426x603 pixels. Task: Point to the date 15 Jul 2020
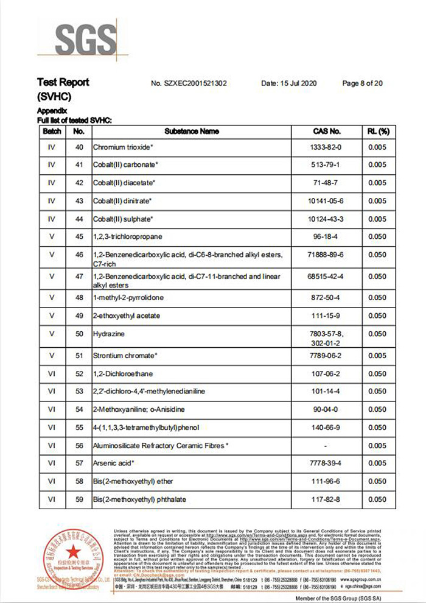[x=289, y=83]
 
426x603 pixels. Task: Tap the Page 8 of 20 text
[x=363, y=83]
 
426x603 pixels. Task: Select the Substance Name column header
[x=192, y=131]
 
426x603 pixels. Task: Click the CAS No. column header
[x=326, y=131]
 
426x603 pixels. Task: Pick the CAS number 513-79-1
[x=326, y=165]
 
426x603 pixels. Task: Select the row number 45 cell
[x=79, y=236]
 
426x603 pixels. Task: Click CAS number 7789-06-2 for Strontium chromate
[x=326, y=356]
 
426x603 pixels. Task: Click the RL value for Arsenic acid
[x=377, y=464]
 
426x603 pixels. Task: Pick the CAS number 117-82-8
[x=326, y=500]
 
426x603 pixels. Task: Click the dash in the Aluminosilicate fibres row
[x=326, y=446]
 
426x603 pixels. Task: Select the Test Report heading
[x=63, y=82]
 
